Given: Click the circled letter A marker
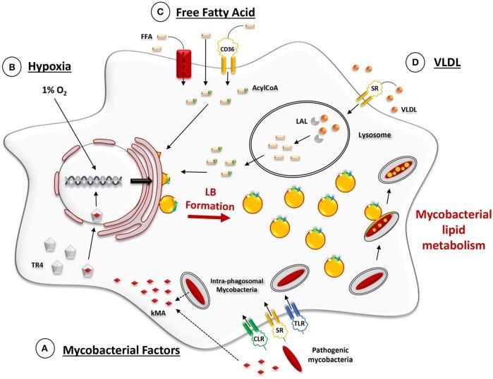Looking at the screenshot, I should coord(45,348).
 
